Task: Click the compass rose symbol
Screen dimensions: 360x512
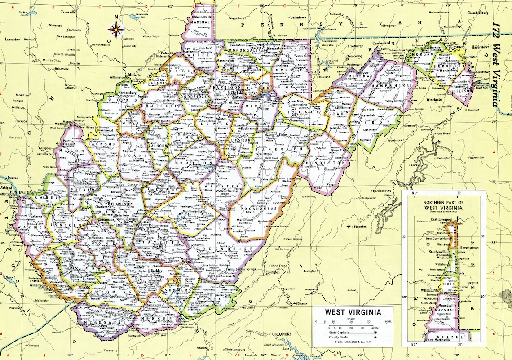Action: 116,30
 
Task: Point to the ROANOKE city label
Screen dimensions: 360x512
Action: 283,334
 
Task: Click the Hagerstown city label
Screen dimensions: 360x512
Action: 480,47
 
